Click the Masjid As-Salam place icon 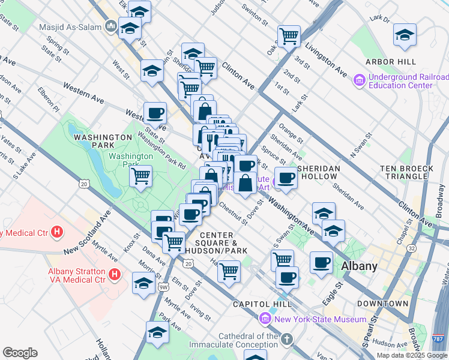tap(110, 26)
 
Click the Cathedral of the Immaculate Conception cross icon tap(288, 340)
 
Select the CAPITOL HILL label tap(259, 304)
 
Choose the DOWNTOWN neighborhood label tap(385, 304)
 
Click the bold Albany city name tap(359, 266)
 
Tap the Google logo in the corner tap(20, 353)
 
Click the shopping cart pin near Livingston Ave tap(289, 36)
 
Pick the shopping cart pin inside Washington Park tap(140, 176)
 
